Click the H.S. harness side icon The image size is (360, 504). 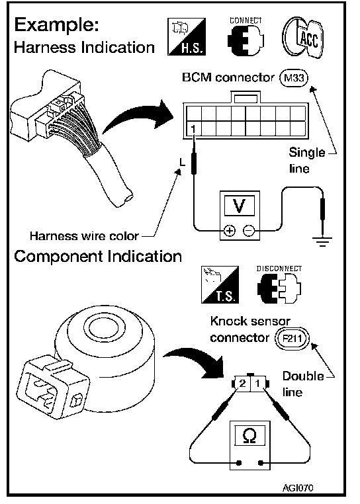tap(187, 36)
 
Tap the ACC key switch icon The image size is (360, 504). tap(302, 37)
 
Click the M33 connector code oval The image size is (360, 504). tap(294, 78)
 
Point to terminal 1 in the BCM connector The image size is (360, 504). tap(193, 130)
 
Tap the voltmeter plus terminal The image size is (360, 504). tap(230, 230)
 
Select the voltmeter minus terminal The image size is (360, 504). tap(249, 230)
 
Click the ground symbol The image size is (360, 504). tap(322, 241)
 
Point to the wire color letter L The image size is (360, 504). tap(183, 163)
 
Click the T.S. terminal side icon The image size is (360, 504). tap(220, 285)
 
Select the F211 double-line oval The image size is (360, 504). tap(292, 338)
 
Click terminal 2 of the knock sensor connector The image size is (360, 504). tap(243, 384)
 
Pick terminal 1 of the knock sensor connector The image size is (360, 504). tap(257, 384)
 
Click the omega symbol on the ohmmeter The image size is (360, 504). tap(249, 435)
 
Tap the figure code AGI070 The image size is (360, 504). tap(298, 488)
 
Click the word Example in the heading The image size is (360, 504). tap(57, 25)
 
